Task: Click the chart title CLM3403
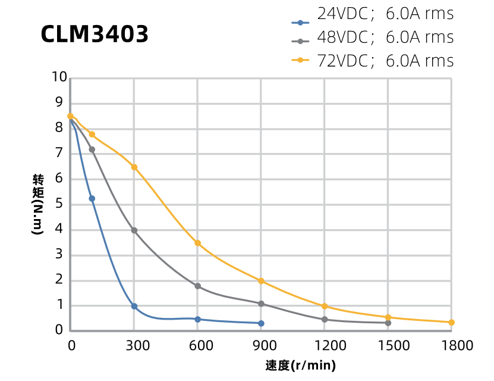[x=95, y=35]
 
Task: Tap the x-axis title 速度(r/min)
[x=300, y=364]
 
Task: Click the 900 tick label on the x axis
[x=260, y=346]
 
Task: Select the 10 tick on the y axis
[x=59, y=77]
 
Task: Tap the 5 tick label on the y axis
[x=59, y=204]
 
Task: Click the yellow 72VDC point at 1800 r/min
[x=451, y=322]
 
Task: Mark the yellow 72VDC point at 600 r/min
[x=197, y=243]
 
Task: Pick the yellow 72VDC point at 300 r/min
[x=134, y=167]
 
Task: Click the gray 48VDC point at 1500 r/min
[x=388, y=323]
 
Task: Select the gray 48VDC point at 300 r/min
[x=134, y=230]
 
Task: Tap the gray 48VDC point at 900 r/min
[x=261, y=304]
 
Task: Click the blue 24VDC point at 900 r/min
[x=261, y=323]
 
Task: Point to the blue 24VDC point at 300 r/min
[x=134, y=306]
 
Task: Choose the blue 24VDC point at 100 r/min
[x=92, y=198]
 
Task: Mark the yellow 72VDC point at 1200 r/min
[x=325, y=306]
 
